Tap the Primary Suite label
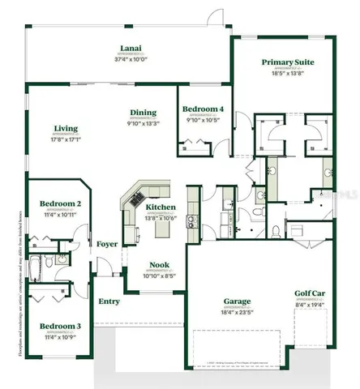[x=288, y=62]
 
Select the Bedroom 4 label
[x=203, y=109]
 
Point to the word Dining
[x=143, y=113]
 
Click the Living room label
[x=66, y=128]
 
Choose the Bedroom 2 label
[x=61, y=204]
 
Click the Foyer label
[x=107, y=244]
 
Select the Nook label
[x=160, y=265]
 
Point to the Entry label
[x=109, y=301]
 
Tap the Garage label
[x=237, y=301]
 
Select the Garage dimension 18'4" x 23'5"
[x=237, y=312]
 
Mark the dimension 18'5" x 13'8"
[x=288, y=73]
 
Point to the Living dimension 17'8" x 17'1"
[x=66, y=139]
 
